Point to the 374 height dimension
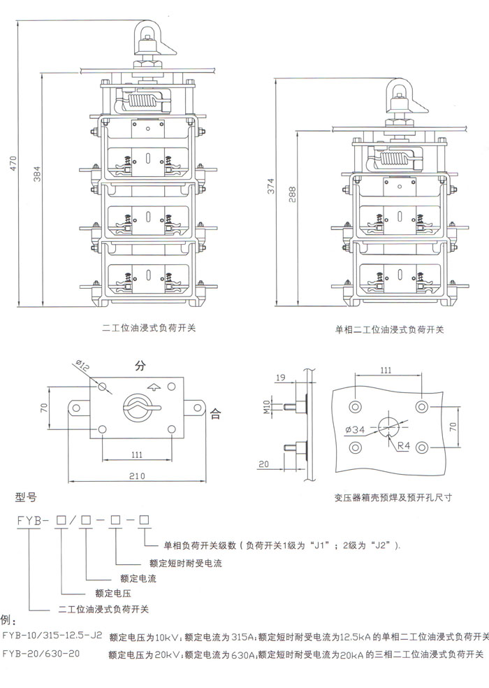[x=272, y=187]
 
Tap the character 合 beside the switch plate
[x=215, y=413]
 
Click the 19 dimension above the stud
[x=280, y=378]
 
